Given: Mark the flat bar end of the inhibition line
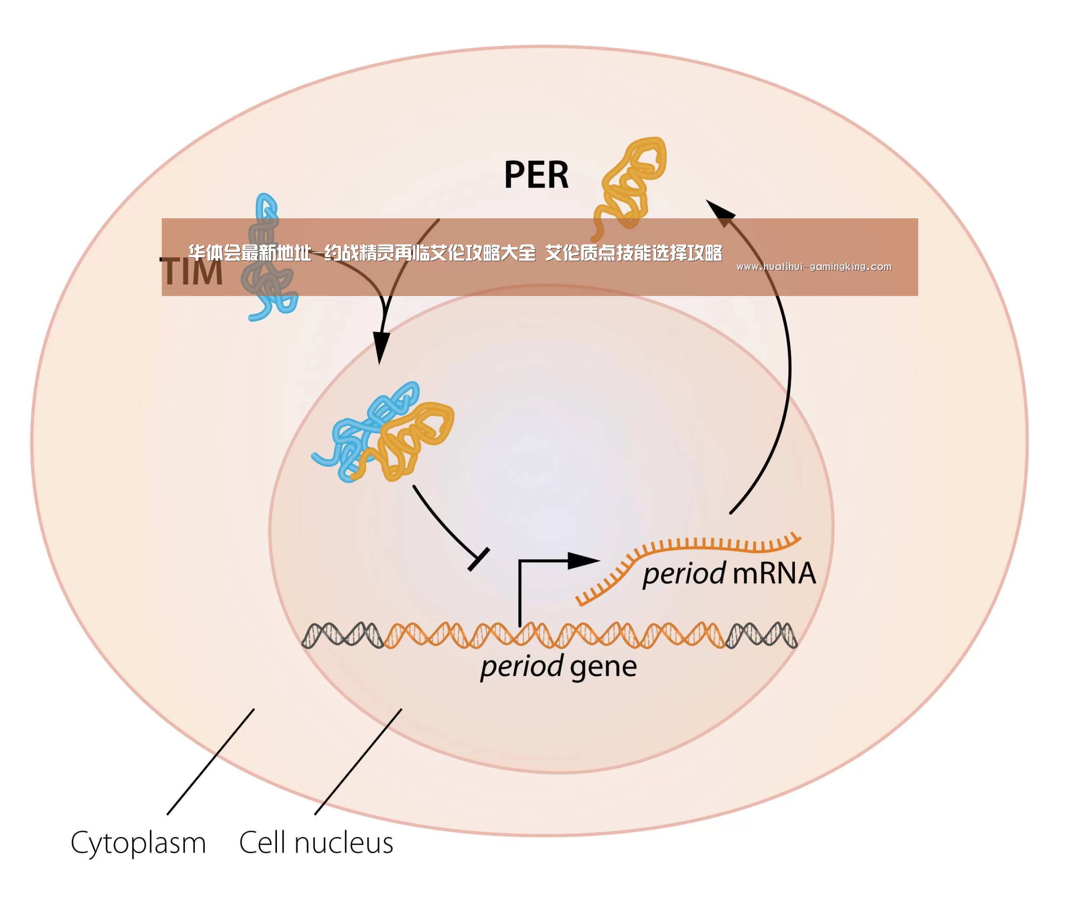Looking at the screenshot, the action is (x=478, y=559).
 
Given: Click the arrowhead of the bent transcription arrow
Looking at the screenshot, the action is (x=584, y=561).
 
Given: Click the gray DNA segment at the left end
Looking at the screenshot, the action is (x=342, y=635).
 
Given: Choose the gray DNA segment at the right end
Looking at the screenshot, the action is (x=761, y=635).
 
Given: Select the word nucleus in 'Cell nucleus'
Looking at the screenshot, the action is (x=344, y=843).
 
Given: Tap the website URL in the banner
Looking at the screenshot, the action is (x=814, y=267).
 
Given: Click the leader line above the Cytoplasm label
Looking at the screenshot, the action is (x=211, y=762).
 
